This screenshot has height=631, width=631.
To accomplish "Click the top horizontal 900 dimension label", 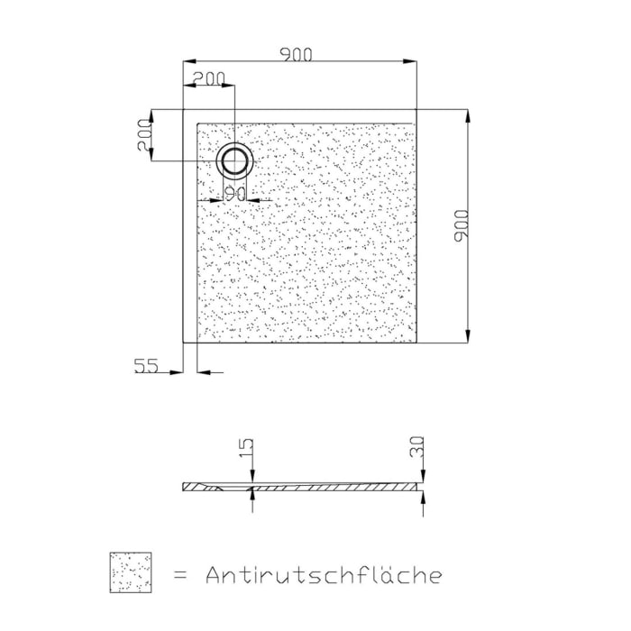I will (296, 54).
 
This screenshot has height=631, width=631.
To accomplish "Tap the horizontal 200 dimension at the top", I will (209, 78).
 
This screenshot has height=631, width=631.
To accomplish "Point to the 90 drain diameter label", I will (235, 193).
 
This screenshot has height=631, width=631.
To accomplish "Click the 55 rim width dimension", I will (146, 365).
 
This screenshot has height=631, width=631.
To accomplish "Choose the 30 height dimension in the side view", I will (416, 448).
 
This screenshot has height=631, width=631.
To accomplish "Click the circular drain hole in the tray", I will (234, 161).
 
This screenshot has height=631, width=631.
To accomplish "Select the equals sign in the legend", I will (179, 574).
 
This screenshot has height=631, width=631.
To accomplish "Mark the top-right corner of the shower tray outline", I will (417, 110).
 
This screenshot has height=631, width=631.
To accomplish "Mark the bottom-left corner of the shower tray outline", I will (184, 343).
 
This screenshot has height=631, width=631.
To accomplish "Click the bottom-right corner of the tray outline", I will (417, 343).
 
